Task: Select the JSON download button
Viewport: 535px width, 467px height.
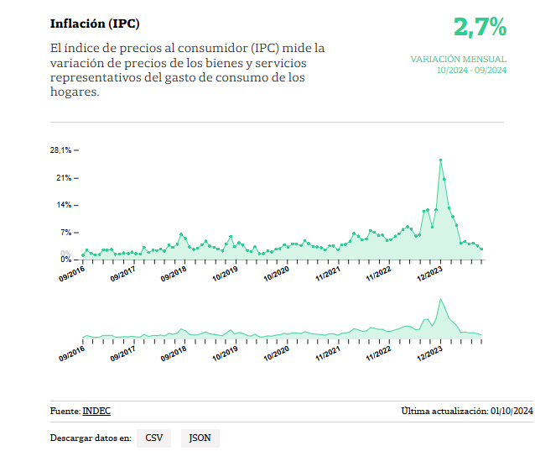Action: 200,438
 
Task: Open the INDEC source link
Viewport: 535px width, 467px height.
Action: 96,411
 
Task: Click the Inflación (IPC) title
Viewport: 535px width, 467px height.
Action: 95,24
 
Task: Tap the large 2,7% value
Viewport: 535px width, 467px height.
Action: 480,27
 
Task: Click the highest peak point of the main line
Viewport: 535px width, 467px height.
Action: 440,160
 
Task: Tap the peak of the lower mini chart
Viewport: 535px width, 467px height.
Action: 439,299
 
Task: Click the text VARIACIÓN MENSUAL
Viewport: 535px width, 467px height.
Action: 458,60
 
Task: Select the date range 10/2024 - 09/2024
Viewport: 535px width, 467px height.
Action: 471,71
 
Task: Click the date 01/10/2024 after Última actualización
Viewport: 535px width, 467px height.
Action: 512,411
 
